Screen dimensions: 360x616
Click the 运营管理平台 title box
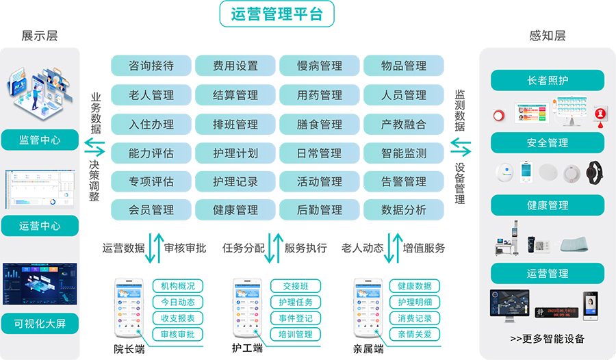277,14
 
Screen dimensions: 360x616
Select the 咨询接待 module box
151,66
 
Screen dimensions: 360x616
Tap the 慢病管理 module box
320,66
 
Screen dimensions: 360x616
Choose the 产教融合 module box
404,125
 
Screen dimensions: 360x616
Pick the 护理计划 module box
235,153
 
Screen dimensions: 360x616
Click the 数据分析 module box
404,209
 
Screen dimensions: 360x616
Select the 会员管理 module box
151,209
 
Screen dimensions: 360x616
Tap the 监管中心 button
40,140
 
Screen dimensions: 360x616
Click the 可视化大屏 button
40,323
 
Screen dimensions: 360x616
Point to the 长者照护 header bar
548,80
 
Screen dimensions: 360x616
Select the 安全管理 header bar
548,142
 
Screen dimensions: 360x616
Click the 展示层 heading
40,36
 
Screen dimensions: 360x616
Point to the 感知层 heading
548,36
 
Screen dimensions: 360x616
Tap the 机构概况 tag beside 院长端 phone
178,286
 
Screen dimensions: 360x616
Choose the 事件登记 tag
296,318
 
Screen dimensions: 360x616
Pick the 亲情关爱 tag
415,335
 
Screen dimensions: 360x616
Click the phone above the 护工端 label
247,309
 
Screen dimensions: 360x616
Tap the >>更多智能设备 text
548,338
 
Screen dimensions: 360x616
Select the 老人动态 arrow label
363,248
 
